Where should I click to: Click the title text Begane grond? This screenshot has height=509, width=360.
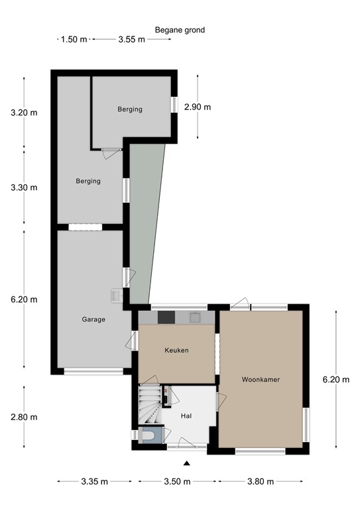pyautogui.click(x=180, y=30)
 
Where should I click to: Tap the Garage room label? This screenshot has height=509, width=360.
pyautogui.click(x=93, y=319)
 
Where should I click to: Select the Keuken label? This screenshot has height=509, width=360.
pyautogui.click(x=176, y=350)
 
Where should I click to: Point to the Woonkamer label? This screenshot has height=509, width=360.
pyautogui.click(x=261, y=380)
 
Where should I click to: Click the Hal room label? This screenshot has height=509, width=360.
pyautogui.click(x=186, y=416)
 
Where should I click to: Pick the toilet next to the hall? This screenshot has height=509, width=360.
pyautogui.click(x=150, y=435)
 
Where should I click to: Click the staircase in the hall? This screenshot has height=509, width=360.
pyautogui.click(x=151, y=404)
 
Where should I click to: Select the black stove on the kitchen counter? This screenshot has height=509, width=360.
pyautogui.click(x=165, y=317)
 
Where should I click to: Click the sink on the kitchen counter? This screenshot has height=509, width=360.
pyautogui.click(x=196, y=317)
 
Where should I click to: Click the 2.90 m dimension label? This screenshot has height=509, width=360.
pyautogui.click(x=198, y=107)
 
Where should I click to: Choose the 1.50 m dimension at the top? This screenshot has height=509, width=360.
pyautogui.click(x=74, y=39)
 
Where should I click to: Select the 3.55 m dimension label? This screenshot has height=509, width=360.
pyautogui.click(x=131, y=39)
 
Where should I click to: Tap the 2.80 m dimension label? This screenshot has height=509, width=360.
pyautogui.click(x=24, y=417)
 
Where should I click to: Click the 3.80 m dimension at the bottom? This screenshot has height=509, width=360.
pyautogui.click(x=261, y=482)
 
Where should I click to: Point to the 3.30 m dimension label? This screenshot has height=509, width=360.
pyautogui.click(x=24, y=188)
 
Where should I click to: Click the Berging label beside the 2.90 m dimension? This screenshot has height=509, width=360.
pyautogui.click(x=130, y=109)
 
